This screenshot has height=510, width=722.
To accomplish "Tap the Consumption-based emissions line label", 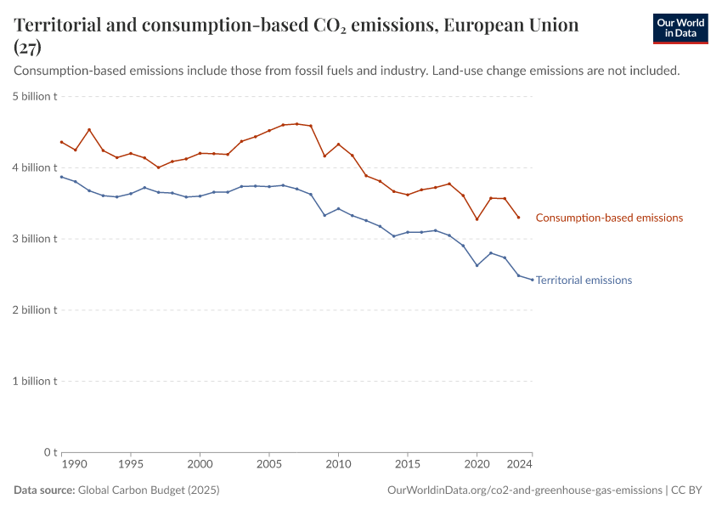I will point(609,218).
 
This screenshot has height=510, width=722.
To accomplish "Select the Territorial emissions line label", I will point(584,280).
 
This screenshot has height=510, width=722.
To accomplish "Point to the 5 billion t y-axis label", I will point(35,97).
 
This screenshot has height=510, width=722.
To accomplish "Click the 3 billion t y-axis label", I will point(35,239).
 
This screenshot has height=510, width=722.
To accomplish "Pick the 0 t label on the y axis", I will point(50,452).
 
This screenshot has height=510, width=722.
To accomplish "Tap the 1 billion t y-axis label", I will point(35,381).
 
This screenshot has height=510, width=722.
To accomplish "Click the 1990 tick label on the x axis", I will point(75,465).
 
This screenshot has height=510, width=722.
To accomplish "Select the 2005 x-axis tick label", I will point(269,465).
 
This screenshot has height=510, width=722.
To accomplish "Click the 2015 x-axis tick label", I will point(408,465).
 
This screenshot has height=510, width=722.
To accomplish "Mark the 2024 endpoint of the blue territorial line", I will point(533,280).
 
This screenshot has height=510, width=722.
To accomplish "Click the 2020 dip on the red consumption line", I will point(477,219).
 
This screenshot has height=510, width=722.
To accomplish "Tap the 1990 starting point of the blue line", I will point(61,177).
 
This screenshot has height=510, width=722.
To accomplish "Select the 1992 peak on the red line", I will point(89,130).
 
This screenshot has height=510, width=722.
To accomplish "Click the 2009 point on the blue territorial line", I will point(324,215).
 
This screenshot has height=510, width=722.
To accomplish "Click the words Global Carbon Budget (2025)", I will point(148,490).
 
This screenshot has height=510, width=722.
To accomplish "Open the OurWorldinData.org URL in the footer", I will point(524,490).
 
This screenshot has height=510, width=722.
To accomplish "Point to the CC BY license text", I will point(689,490).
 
